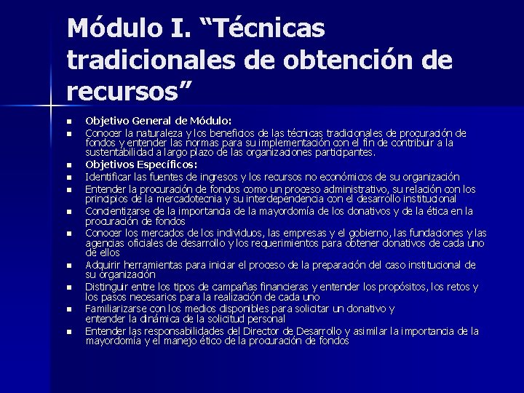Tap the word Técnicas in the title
tap(269, 30)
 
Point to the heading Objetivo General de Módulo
tap(159, 120)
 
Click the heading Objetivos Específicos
tap(131, 164)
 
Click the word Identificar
tap(109, 176)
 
